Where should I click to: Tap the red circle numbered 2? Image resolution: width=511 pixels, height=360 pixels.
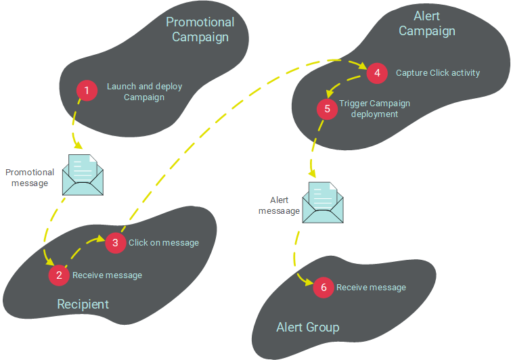coord(60,275)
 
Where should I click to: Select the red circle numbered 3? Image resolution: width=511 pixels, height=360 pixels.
coord(116,242)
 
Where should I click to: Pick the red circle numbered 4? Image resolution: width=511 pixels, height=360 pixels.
coord(377,72)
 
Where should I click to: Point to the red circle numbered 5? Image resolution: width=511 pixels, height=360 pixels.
coord(328,108)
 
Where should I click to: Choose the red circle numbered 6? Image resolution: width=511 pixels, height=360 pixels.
coord(324,288)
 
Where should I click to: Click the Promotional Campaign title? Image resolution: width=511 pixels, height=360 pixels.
coord(200,30)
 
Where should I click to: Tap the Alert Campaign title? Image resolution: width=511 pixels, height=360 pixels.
coord(426,24)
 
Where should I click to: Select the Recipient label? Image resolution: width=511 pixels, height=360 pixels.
coord(83,304)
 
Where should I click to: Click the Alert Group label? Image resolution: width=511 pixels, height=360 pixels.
coord(308,328)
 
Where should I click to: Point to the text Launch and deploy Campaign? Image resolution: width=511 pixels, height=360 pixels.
coord(144,92)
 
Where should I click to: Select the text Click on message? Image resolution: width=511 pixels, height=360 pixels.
coord(164,243)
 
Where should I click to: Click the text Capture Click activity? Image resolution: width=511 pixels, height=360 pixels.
coord(438,73)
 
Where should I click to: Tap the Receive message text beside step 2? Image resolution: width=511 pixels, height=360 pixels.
coord(107,275)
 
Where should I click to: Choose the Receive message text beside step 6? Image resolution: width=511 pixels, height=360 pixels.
coord(371,288)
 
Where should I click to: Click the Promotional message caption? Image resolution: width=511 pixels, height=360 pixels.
coord(29,178)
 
